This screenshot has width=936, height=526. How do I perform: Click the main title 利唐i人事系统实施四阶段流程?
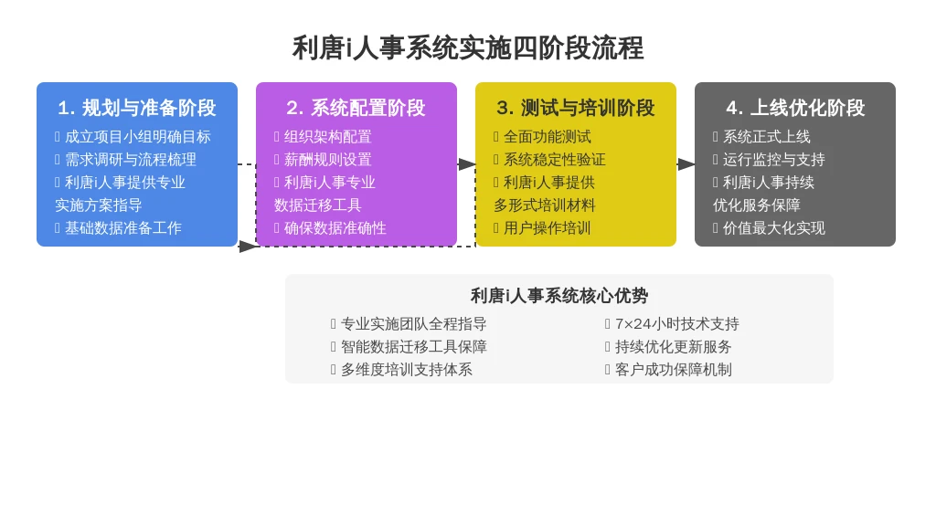coord(468,47)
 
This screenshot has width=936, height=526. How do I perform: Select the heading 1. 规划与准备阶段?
coord(137,108)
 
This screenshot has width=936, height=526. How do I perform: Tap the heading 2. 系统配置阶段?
coord(356,108)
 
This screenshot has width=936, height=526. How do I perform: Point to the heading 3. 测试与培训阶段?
coord(576,108)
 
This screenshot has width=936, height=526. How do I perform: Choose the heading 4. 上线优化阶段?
coord(795,108)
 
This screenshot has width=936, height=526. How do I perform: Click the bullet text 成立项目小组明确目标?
coord(138,137)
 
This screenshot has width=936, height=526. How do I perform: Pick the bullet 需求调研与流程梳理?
coord(131,160)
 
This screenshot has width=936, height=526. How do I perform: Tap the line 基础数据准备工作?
coord(123,227)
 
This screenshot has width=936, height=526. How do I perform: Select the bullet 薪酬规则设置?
coord(328,160)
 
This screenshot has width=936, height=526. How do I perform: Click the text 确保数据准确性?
coord(335,227)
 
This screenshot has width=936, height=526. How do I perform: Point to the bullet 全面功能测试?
coord(548,137)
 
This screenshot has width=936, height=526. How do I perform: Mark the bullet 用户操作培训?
coord(548,227)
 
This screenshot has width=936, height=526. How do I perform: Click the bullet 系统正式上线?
coord(767,137)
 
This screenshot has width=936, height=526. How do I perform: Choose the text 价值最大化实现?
coord(774,227)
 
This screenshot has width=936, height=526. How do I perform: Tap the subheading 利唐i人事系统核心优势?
coord(559,295)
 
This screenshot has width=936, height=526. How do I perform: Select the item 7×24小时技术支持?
coord(677,324)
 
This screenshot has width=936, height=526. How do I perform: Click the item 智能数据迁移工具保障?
coord(414,346)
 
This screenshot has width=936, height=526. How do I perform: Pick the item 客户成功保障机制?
coord(674,370)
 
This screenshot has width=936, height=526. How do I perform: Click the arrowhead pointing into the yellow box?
coord(467,164)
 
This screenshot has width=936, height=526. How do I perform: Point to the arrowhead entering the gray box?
coord(686,164)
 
